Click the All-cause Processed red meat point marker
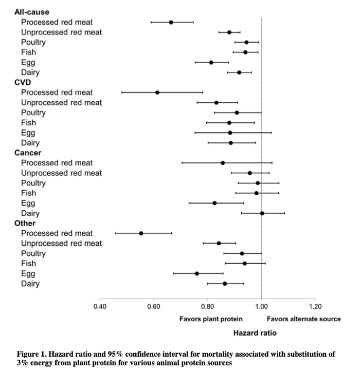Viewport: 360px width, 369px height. click(171, 22)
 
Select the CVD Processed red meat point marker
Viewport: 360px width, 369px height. click(157, 93)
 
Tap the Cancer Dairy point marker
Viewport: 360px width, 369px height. click(262, 213)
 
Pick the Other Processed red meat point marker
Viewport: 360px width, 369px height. click(141, 233)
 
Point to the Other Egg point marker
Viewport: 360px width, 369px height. click(196, 273)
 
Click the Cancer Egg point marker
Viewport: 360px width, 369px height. click(214, 203)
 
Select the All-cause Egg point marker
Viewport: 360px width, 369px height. click(211, 62)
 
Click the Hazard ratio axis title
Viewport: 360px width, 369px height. click(255, 333)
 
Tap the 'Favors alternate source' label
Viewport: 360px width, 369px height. click(303, 319)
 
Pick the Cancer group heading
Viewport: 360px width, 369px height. click(28, 153)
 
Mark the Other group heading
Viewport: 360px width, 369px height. click(24, 223)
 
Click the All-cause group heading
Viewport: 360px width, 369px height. click(32, 12)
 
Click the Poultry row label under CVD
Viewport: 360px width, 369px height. click(33, 113)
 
